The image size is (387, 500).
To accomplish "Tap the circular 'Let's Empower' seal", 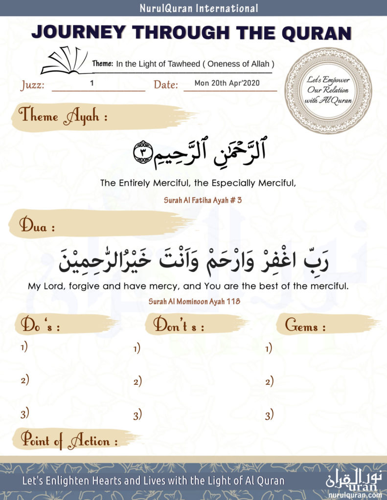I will [x=328, y=90].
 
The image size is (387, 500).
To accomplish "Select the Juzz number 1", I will [x=91, y=83].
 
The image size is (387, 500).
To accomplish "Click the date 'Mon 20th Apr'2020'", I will [x=227, y=83].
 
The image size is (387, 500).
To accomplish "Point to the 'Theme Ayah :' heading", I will [x=63, y=117].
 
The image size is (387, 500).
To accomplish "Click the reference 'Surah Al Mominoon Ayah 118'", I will [x=194, y=302].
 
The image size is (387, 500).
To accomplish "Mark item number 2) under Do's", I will [x=24, y=380].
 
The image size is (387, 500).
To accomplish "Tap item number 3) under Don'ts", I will [x=137, y=416].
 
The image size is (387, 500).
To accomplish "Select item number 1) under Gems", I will [x=269, y=349].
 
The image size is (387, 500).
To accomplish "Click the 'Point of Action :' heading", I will [x=68, y=441].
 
